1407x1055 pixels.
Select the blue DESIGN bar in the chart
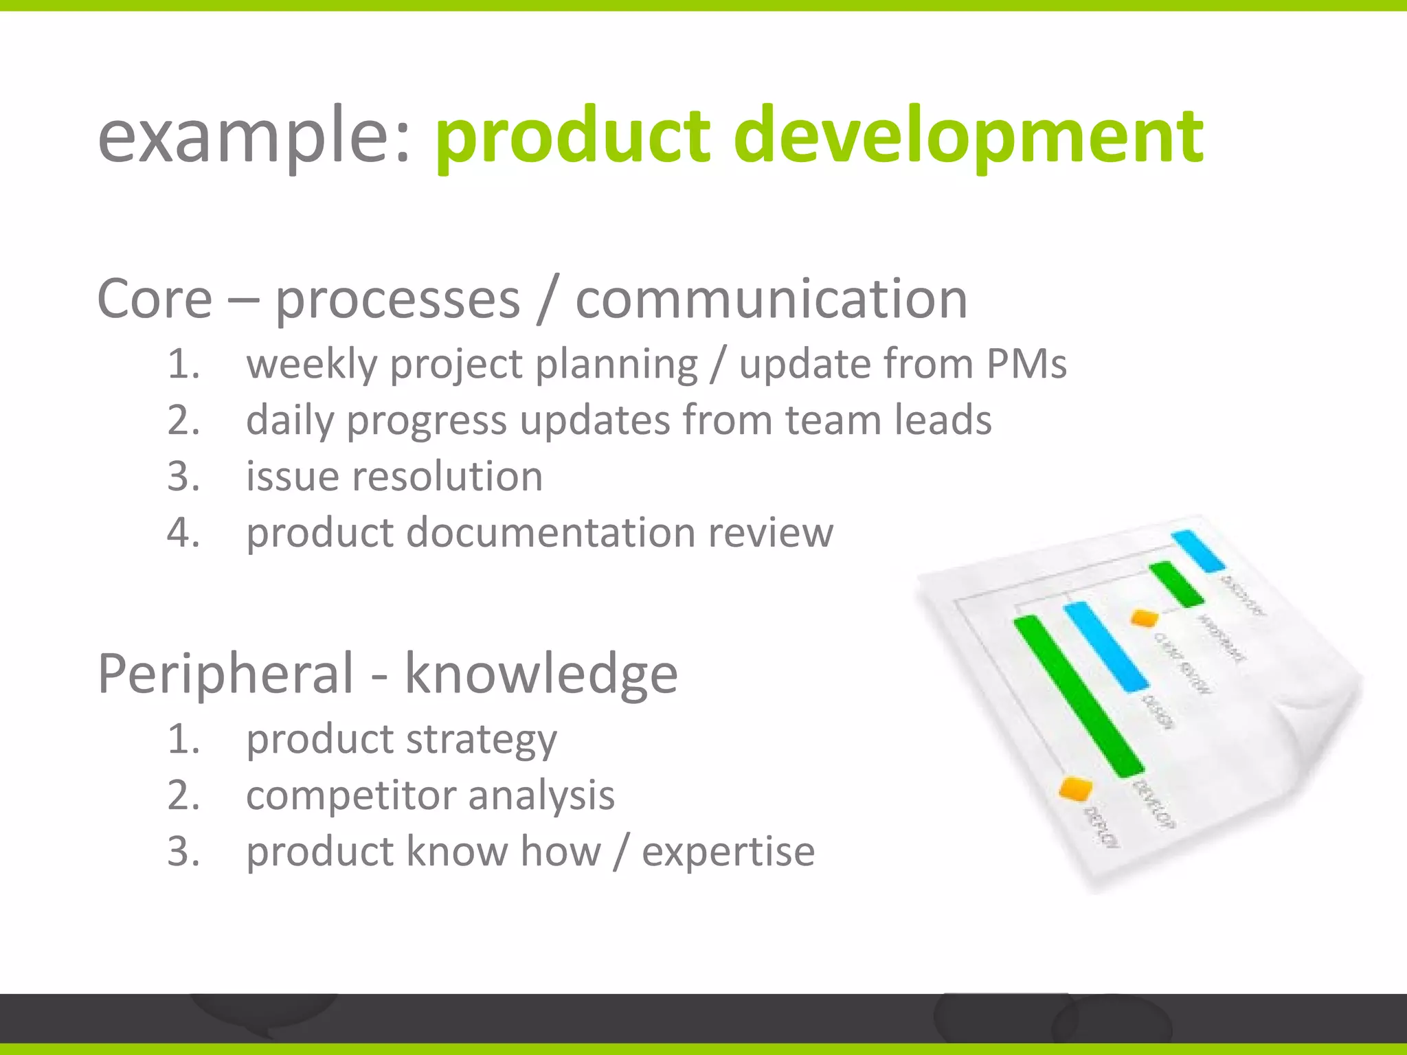click(1105, 646)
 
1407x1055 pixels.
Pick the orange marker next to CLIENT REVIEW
click(1145, 618)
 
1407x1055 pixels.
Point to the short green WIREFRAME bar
click(1176, 584)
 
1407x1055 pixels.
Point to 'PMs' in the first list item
click(1026, 363)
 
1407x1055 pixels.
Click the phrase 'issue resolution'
click(394, 476)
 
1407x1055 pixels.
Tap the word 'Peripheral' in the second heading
click(226, 674)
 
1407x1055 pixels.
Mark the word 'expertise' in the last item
click(728, 852)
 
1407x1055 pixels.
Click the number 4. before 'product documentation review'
click(183, 532)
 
